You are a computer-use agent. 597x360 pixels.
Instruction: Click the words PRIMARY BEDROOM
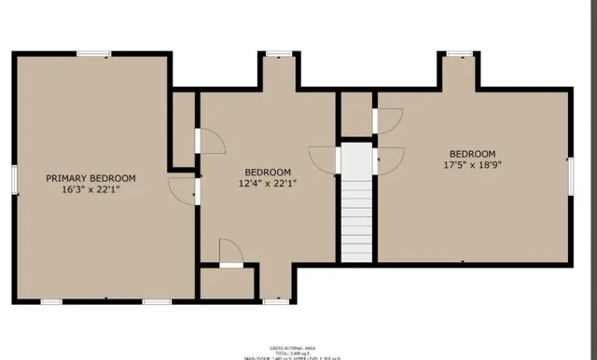coord(91,178)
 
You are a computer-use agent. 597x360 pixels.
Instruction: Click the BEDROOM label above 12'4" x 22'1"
coord(268,172)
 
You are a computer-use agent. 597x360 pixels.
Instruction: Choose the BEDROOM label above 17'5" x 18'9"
coord(472,154)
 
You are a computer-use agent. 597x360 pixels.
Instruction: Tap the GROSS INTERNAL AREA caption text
coord(290,344)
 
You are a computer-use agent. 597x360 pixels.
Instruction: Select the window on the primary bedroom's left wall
coord(14,179)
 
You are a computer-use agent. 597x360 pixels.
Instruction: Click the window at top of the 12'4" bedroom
coord(276,54)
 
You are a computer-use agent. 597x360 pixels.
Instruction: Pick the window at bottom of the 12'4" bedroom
coord(275,301)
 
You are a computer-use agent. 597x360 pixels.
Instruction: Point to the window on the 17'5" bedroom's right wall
coord(569,177)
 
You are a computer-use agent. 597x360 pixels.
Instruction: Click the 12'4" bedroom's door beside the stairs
coord(324,160)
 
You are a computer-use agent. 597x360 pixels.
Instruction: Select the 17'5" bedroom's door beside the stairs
coord(390,160)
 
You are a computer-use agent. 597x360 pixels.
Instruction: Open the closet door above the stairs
coord(387,120)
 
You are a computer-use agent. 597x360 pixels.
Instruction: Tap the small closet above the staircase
coord(355,115)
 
